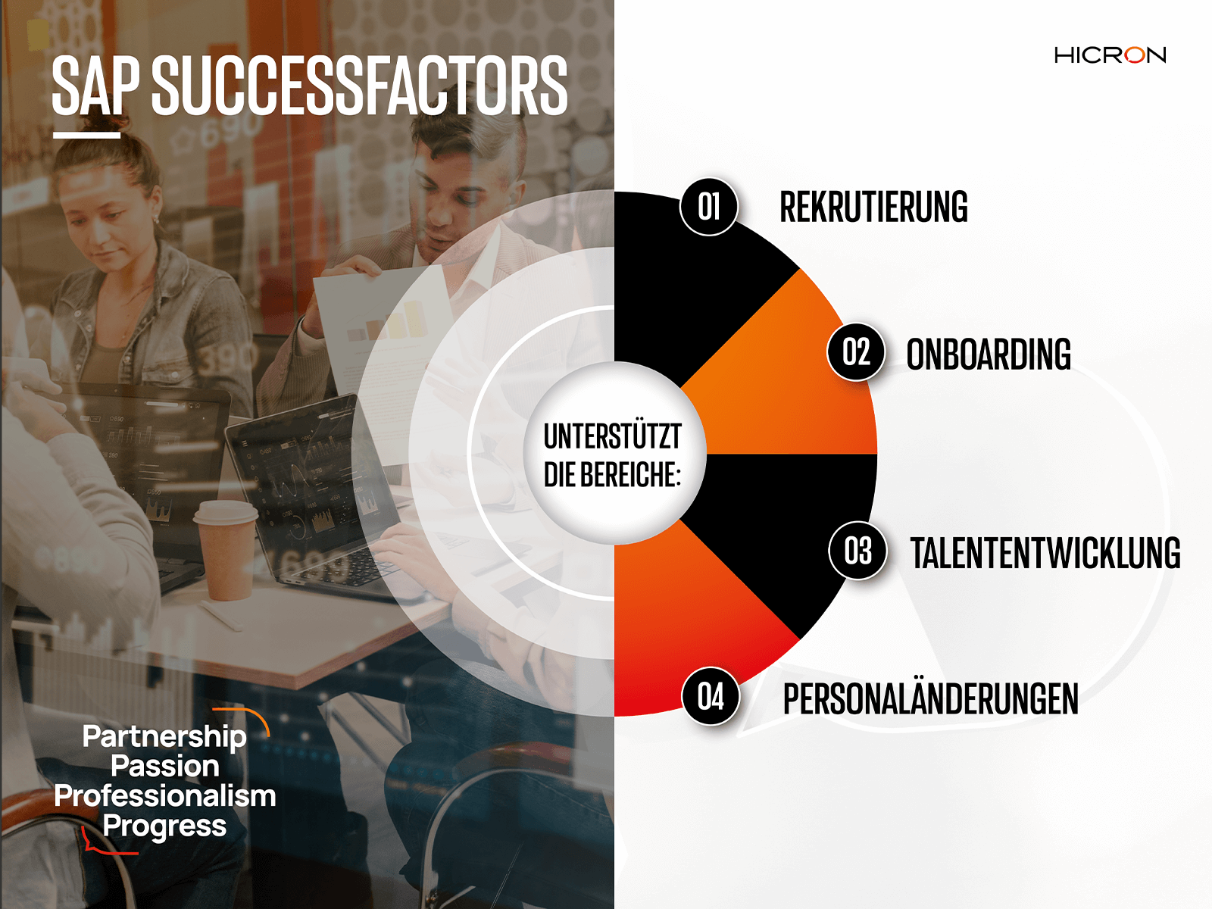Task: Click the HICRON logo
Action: [x=1110, y=55]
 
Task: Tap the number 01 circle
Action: [x=709, y=207]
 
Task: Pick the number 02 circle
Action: [x=857, y=351]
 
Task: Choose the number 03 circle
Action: [x=858, y=550]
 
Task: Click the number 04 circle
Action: [x=711, y=696]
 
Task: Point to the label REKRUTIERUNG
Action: [x=873, y=207]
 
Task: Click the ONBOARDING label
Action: [x=989, y=354]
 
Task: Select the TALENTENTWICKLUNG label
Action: [x=1045, y=552]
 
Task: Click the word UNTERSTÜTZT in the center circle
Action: [x=612, y=436]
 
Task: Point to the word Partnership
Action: [x=164, y=737]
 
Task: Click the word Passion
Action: [x=165, y=766]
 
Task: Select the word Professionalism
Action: [x=165, y=795]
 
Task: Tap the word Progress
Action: [x=164, y=826]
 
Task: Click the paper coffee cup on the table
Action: [x=225, y=550]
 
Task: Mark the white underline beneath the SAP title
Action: [x=86, y=135]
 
